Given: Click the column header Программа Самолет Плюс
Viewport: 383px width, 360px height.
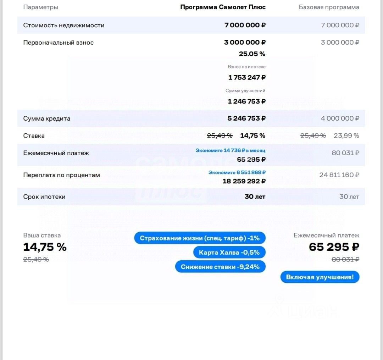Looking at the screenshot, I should [x=223, y=7].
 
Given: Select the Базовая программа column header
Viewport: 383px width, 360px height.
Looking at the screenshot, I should [x=329, y=7].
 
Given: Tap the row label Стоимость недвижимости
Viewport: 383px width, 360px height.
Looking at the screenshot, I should [x=64, y=25].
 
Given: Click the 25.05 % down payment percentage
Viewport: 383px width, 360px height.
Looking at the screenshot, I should [x=252, y=54].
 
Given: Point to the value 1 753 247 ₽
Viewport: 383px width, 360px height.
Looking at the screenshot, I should [x=246, y=77].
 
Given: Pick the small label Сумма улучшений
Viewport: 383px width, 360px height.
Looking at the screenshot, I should [x=245, y=91].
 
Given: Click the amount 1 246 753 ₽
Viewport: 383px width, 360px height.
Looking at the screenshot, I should [x=246, y=101].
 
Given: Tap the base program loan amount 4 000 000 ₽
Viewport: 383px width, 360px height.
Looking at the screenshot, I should [x=340, y=118].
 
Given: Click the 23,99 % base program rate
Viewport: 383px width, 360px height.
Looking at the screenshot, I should [x=346, y=135].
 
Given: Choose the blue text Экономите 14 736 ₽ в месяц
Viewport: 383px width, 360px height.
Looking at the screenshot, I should [x=230, y=150].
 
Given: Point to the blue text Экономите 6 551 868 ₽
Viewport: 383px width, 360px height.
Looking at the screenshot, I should [x=237, y=172].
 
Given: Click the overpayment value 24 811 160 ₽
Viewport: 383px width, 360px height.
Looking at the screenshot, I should [x=339, y=175].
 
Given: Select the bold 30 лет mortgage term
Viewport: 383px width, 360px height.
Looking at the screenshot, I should [x=255, y=196].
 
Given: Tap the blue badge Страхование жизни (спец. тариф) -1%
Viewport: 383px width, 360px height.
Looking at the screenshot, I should [x=200, y=238].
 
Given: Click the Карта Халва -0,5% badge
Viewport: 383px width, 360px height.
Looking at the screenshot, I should [x=229, y=253].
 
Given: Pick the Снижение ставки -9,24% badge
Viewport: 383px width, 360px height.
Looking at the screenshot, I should [x=220, y=267].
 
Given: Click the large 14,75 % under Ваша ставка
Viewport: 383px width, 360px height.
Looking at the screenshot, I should [x=45, y=247].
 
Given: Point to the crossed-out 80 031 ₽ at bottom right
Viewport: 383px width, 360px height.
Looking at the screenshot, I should [x=345, y=259].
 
